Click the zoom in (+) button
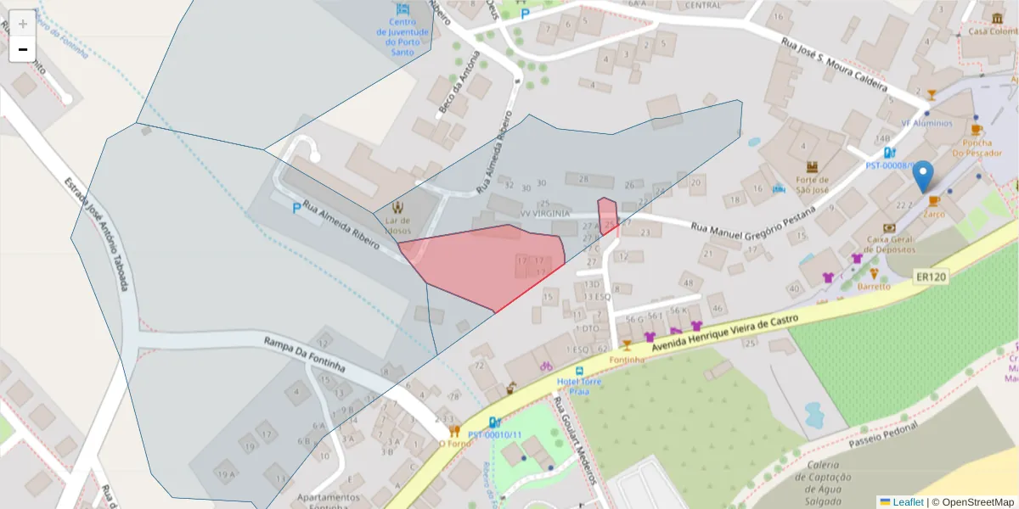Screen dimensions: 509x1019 23,24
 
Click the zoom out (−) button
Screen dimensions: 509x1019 23,49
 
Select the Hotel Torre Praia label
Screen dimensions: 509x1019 578,387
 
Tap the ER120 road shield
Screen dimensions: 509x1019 931,277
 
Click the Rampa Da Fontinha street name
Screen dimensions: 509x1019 304,354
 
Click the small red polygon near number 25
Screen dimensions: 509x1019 607,215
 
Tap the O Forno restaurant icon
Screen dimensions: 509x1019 454,431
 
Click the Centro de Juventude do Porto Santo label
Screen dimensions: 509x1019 404,37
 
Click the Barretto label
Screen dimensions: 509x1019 874,286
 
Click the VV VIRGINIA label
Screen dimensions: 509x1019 545,214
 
